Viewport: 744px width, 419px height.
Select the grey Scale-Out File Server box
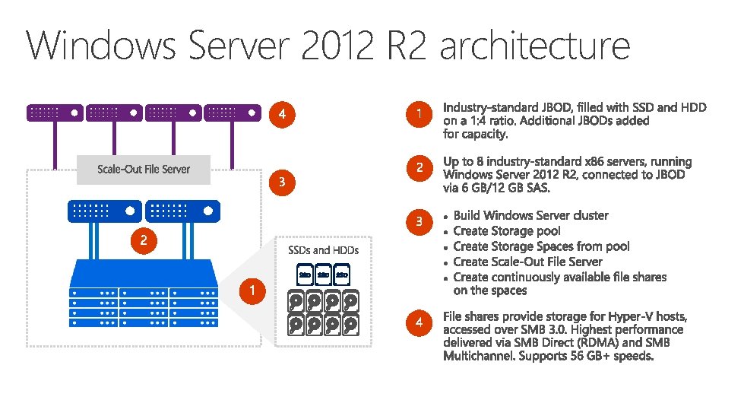coord(144,169)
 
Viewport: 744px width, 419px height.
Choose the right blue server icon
coord(182,211)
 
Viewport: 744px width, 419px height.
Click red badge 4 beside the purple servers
coord(282,115)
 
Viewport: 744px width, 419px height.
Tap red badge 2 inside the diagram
coord(143,241)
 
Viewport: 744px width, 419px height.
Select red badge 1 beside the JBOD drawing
coord(252,290)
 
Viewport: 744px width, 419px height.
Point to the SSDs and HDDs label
coord(323,249)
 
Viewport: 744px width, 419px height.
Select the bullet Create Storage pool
coord(507,231)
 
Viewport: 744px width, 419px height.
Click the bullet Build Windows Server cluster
coord(530,215)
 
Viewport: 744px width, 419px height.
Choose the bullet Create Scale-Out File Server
coord(527,262)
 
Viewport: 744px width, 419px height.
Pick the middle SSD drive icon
coord(323,274)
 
